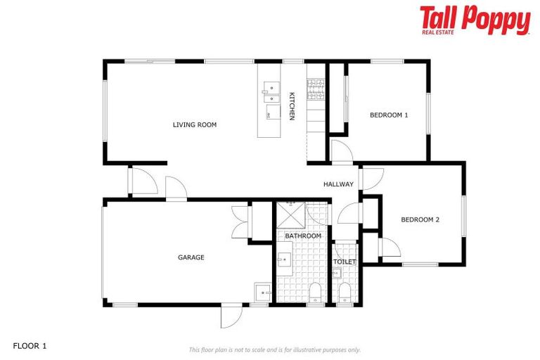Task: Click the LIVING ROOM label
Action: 195,125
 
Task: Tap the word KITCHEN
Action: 291,105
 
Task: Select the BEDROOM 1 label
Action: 389,115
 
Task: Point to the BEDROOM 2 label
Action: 420,219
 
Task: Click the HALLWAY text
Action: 338,184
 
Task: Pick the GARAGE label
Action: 191,257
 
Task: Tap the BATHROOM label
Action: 303,236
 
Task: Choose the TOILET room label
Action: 345,262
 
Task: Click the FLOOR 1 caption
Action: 30,346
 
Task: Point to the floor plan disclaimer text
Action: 274,349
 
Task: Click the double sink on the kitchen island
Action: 270,90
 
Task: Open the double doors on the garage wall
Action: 240,221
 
